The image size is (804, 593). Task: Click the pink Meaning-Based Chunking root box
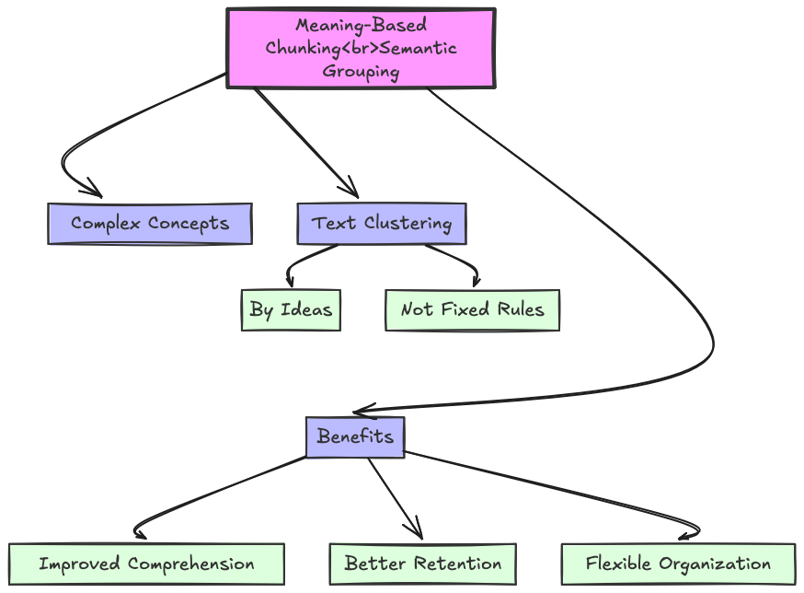(361, 49)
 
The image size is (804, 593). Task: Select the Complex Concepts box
(150, 224)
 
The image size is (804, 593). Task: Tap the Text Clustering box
(382, 224)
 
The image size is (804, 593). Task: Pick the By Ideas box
(291, 309)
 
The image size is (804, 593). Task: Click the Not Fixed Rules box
(472, 309)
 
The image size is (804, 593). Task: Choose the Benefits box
(355, 436)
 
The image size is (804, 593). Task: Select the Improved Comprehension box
(146, 564)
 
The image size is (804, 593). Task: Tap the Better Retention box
(423, 564)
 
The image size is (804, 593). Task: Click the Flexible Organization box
(678, 564)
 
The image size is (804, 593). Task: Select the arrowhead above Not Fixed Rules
(476, 283)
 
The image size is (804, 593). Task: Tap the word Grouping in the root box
(361, 72)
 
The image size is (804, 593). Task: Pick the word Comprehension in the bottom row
(191, 564)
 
